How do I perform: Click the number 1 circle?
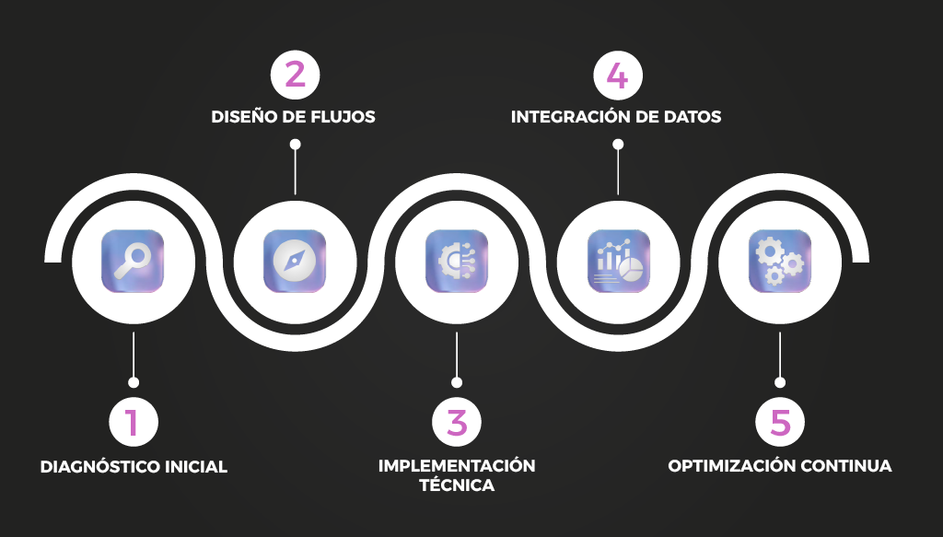point(134,423)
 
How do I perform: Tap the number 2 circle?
point(295,74)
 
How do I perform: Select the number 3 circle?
point(457,423)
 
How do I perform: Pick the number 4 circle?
point(618,74)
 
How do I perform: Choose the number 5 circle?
point(780,423)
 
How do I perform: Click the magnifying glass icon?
point(133,261)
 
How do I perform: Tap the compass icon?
point(295,261)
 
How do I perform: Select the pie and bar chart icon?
point(618,261)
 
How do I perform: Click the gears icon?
point(780,261)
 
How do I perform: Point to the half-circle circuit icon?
point(457,261)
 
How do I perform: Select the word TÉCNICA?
point(457,485)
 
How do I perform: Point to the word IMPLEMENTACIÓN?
point(457,465)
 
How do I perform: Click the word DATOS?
point(695,118)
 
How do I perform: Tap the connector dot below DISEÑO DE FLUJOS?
point(295,144)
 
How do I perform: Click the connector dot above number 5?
point(780,381)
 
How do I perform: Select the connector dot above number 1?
point(134,381)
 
